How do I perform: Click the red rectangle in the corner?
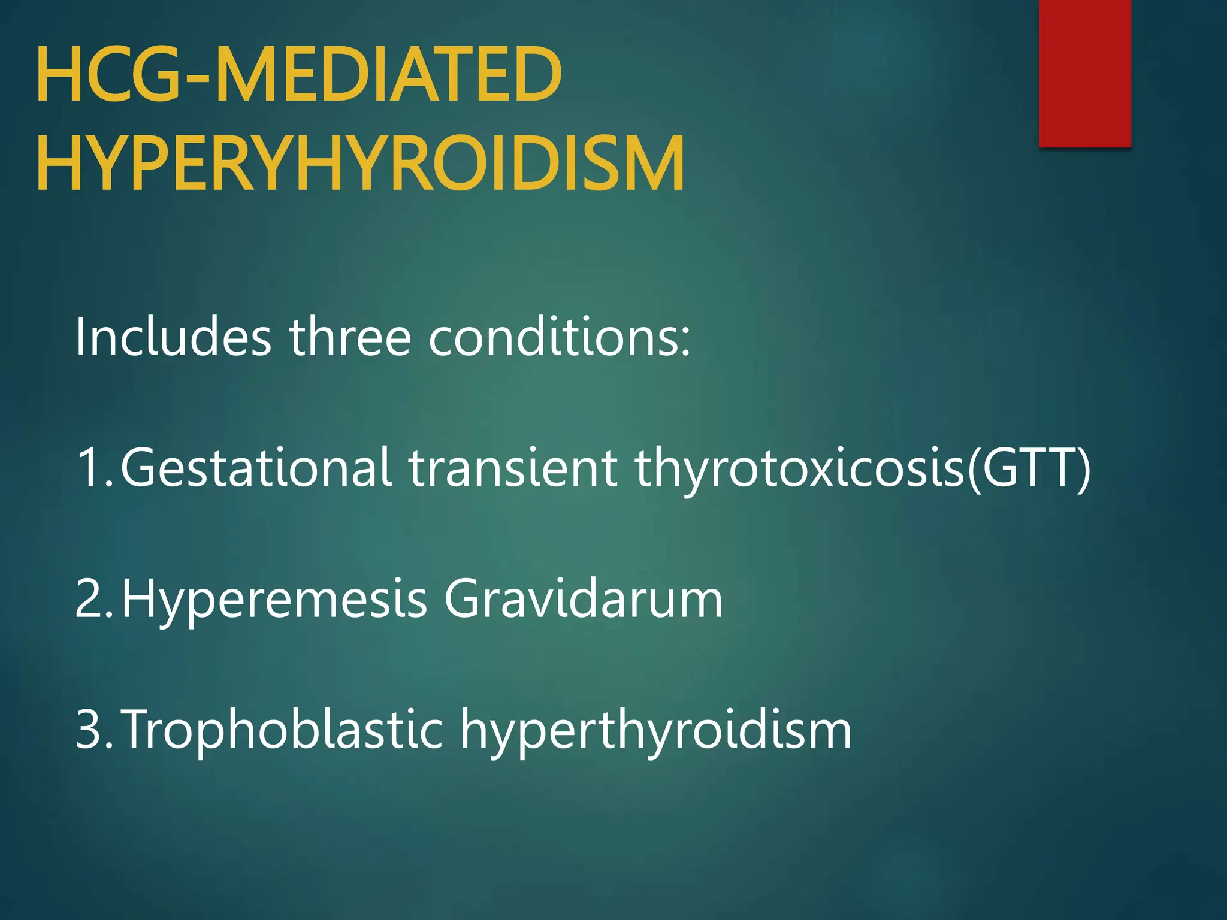[1084, 73]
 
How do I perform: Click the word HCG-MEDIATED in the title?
[299, 75]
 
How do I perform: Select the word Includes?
[173, 337]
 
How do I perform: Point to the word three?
[350, 337]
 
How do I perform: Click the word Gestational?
[256, 468]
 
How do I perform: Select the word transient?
[513, 468]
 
